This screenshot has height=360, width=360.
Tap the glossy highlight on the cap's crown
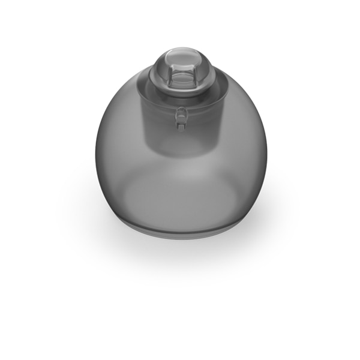point(178,56)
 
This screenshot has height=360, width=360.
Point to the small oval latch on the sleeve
point(181,112)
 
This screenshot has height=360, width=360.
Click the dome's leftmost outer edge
point(95,150)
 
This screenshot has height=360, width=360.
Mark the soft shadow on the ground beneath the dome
point(180,252)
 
